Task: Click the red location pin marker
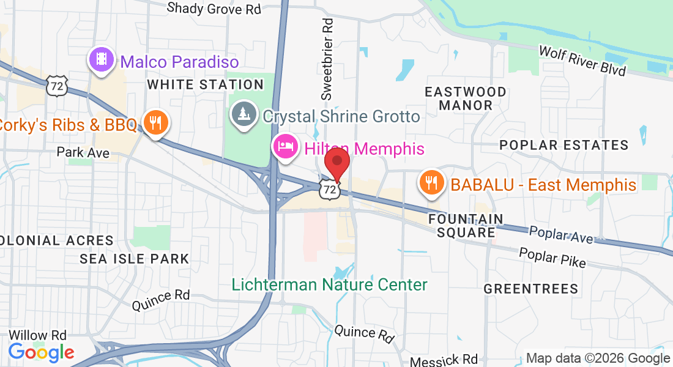click(336, 161)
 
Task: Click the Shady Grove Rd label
click(214, 9)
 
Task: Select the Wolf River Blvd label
click(582, 60)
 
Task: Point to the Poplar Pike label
click(552, 257)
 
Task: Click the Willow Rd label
click(37, 335)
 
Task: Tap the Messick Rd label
click(444, 360)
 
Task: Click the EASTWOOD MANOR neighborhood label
click(466, 98)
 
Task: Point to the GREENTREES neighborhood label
click(530, 288)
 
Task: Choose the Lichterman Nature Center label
click(330, 284)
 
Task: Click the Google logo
click(41, 352)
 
